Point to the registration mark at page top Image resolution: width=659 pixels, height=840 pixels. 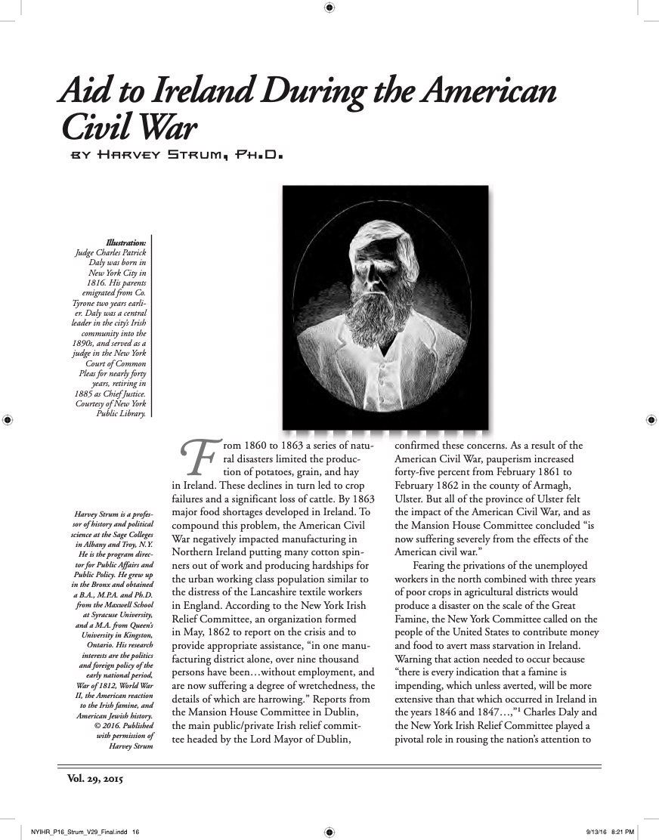(x=329, y=8)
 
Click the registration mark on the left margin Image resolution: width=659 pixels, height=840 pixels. (x=7, y=418)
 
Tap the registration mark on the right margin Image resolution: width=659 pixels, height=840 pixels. (x=651, y=418)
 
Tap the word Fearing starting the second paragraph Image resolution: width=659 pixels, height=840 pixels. (x=432, y=566)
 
